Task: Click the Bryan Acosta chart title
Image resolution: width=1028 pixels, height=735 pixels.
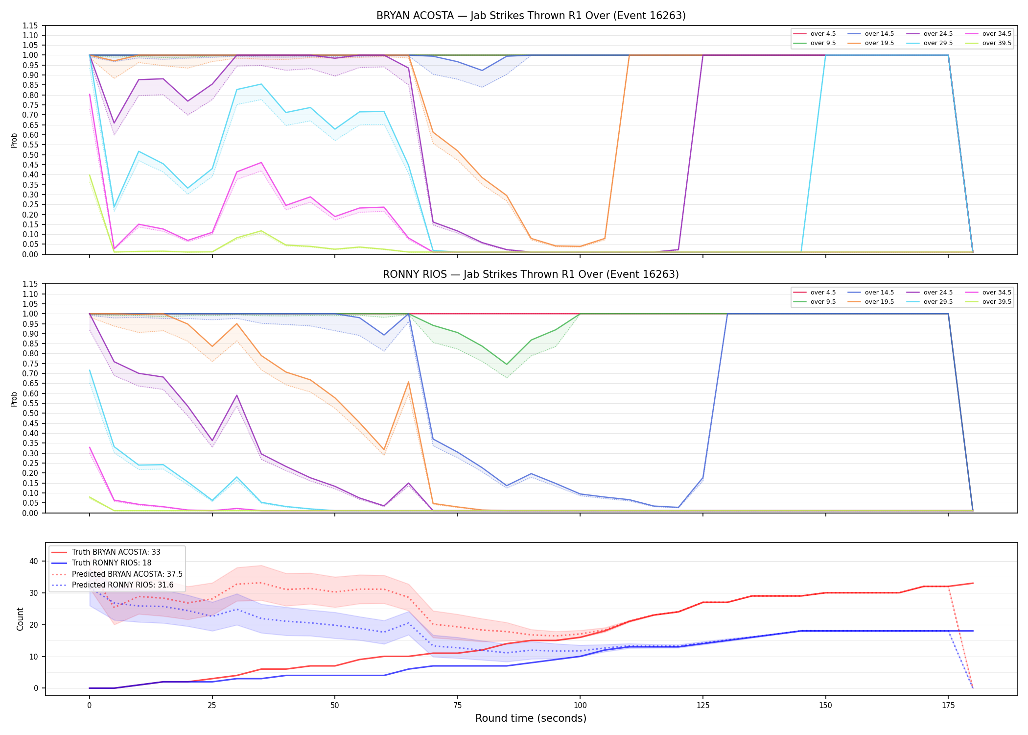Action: tap(531, 16)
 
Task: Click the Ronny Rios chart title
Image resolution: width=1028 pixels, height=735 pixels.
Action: tap(531, 274)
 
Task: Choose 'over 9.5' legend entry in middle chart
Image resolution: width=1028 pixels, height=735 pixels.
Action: tap(815, 302)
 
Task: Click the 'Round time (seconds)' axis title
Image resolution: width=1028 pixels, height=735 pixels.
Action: tap(531, 718)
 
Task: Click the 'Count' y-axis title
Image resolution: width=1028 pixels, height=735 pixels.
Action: tap(20, 619)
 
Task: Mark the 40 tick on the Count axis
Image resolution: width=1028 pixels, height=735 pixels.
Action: tap(34, 561)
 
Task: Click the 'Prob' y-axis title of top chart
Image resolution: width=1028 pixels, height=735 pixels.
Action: tap(14, 140)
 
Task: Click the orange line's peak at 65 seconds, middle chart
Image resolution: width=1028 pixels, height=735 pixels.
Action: tap(408, 382)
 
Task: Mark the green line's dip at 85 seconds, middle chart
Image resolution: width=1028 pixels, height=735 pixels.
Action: tap(507, 364)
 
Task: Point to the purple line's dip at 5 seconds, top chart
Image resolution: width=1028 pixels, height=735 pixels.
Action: tap(114, 123)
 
